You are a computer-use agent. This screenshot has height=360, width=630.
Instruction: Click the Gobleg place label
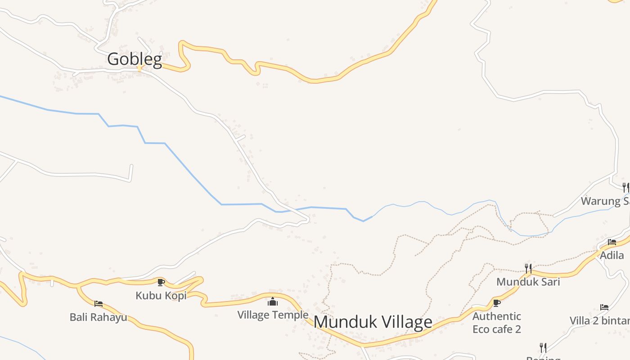(x=134, y=59)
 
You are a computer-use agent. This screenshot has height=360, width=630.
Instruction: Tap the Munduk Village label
(x=373, y=322)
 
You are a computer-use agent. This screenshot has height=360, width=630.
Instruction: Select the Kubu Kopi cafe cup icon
(x=161, y=282)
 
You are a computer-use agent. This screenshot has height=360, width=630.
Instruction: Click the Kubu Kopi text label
(x=161, y=296)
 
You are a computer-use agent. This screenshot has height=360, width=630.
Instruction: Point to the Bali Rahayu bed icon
(x=99, y=304)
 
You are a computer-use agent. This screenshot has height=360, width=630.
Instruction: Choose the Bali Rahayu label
(x=98, y=317)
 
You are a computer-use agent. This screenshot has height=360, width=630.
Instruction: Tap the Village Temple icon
(x=273, y=301)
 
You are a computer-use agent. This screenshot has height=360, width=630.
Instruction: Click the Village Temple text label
(x=273, y=315)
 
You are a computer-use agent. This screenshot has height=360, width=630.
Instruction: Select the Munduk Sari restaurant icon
(x=528, y=269)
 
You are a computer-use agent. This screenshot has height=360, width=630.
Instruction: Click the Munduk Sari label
(x=528, y=282)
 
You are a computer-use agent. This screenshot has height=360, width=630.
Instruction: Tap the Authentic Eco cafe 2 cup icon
(x=497, y=303)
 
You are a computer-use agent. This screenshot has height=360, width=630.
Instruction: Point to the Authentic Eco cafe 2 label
(x=497, y=323)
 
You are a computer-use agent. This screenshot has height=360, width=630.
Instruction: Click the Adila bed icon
(x=612, y=242)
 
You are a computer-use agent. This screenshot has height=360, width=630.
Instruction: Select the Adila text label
(x=612, y=255)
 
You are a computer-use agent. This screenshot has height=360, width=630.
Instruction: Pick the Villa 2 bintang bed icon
(x=604, y=307)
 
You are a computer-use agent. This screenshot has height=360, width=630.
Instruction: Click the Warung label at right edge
(x=605, y=201)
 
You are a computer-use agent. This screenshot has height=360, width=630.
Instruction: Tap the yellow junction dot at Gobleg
(x=139, y=69)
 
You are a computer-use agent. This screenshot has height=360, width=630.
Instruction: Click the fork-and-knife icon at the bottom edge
(x=543, y=347)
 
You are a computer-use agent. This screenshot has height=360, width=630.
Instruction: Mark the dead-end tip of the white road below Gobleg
(x=131, y=166)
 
